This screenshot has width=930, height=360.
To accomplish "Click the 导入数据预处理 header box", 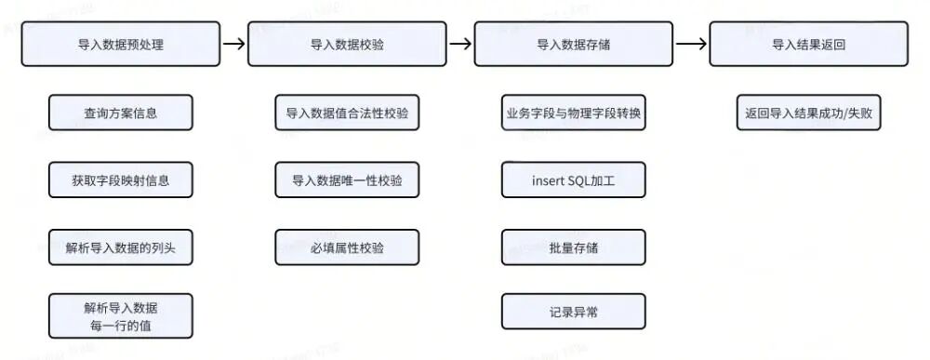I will [x=121, y=44].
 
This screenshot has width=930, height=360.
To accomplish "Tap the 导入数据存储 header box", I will [x=574, y=44].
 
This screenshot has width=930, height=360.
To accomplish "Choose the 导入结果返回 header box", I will [x=808, y=44].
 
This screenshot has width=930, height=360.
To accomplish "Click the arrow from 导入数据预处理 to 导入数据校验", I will [x=234, y=44].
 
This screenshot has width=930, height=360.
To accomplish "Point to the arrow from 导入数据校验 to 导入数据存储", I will [x=461, y=44].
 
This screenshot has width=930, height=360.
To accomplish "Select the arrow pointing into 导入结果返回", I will [x=691, y=44].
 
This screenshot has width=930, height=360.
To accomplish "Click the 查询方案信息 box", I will [x=121, y=113].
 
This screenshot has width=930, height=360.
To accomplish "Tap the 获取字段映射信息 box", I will [x=121, y=180].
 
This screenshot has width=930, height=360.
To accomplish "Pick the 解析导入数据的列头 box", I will [x=121, y=247].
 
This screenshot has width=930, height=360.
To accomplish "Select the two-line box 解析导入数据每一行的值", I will [x=121, y=315].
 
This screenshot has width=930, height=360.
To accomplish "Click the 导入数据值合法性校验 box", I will [x=347, y=113].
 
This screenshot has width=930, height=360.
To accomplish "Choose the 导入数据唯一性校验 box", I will [x=347, y=180].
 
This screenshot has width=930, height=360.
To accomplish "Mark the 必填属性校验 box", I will [x=347, y=247].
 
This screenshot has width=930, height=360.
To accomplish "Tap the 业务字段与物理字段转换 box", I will [x=574, y=113].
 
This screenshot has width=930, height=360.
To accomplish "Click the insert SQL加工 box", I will [x=574, y=180].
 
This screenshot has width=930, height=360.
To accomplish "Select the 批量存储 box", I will [x=574, y=247].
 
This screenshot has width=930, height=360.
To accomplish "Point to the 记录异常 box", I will [x=574, y=312].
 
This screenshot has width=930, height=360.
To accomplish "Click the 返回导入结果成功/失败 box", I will [x=808, y=113].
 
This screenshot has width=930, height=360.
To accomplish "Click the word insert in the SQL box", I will [x=548, y=180].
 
